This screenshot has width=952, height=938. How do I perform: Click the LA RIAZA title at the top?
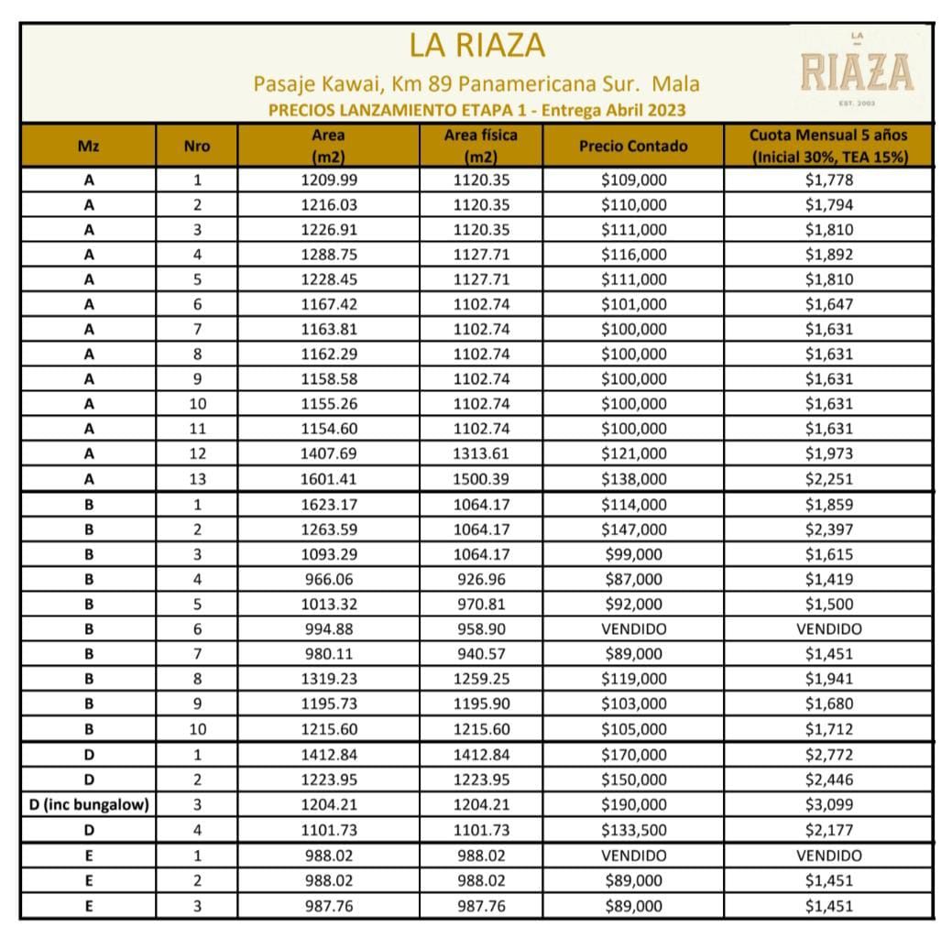[476, 44]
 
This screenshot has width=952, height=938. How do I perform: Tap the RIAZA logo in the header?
[857, 71]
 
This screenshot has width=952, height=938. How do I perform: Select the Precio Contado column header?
[632, 146]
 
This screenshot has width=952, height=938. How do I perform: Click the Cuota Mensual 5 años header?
[829, 146]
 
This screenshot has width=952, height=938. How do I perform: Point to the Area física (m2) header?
[480, 146]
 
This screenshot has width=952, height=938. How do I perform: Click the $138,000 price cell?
[633, 478]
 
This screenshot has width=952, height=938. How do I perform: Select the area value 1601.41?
[328, 478]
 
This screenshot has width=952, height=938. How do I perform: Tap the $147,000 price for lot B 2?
[633, 529]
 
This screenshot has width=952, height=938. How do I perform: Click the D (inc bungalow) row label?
[88, 805]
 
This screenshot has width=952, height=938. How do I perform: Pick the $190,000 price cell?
[633, 805]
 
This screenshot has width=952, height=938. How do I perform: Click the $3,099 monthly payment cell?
[829, 805]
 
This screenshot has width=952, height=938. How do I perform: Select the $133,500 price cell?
[633, 830]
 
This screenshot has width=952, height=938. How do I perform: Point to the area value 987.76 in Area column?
[328, 906]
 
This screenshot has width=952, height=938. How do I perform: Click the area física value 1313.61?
[481, 453]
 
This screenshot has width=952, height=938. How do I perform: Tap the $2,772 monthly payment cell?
[829, 755]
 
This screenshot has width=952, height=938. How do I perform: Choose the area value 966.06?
[328, 579]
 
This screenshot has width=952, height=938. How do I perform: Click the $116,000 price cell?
[633, 255]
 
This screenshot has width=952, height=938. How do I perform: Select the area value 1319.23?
[328, 679]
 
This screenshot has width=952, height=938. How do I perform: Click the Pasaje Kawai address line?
[476, 84]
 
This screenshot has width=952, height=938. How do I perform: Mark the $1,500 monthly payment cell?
[829, 604]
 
